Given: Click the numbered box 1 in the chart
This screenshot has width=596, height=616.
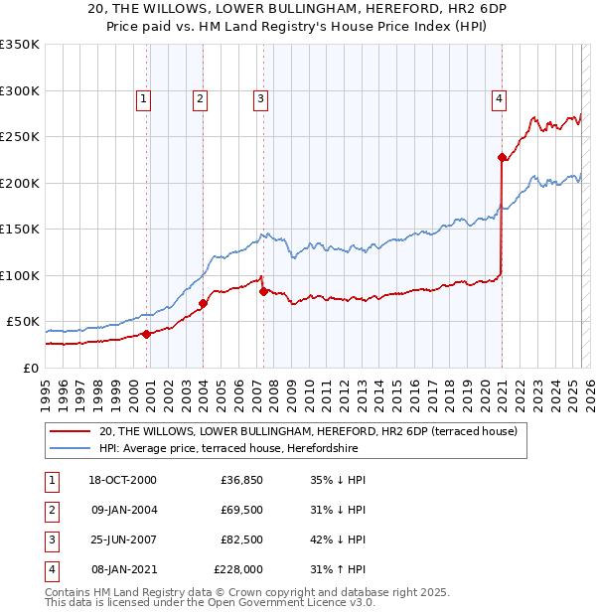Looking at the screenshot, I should pyautogui.click(x=144, y=98).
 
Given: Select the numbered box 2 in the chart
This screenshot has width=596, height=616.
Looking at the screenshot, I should pyautogui.click(x=200, y=98).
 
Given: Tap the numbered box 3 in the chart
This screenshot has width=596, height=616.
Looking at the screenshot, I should pyautogui.click(x=260, y=98).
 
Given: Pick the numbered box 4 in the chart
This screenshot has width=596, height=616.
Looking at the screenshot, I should pyautogui.click(x=498, y=98).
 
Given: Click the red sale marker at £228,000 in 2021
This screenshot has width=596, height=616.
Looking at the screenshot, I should pyautogui.click(x=502, y=157).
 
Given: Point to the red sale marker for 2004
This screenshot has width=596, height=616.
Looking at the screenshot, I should pyautogui.click(x=203, y=303).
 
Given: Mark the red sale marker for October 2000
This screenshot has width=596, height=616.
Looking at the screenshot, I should pyautogui.click(x=146, y=334).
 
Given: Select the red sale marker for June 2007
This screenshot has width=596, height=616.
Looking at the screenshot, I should pyautogui.click(x=263, y=291).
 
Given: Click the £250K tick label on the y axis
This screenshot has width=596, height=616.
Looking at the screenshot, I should pyautogui.click(x=20, y=137).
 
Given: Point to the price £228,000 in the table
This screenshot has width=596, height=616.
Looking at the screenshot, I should pyautogui.click(x=238, y=570).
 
